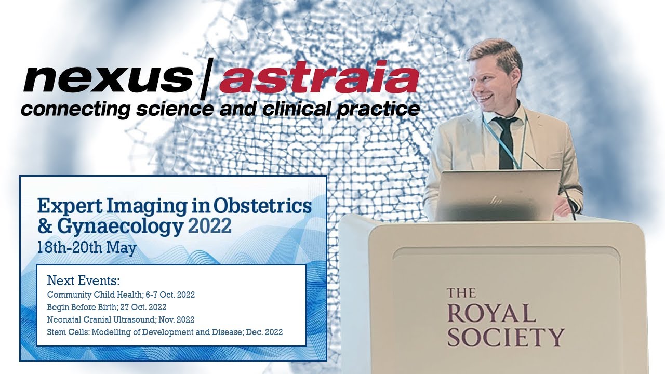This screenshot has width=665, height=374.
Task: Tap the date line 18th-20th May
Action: pyautogui.click(x=87, y=247)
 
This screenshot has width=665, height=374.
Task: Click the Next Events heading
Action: pyautogui.click(x=83, y=281)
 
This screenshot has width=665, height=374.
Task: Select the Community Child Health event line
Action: pyautogui.click(x=121, y=295)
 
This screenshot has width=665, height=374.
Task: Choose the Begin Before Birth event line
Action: pyautogui.click(x=107, y=307)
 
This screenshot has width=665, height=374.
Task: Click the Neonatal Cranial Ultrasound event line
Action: pyautogui.click(x=121, y=319)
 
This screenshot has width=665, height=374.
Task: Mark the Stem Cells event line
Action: pyautogui.click(x=165, y=332)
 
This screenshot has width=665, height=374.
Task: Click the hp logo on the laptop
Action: pyautogui.click(x=496, y=199)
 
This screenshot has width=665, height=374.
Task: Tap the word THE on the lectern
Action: pyautogui.click(x=461, y=293)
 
